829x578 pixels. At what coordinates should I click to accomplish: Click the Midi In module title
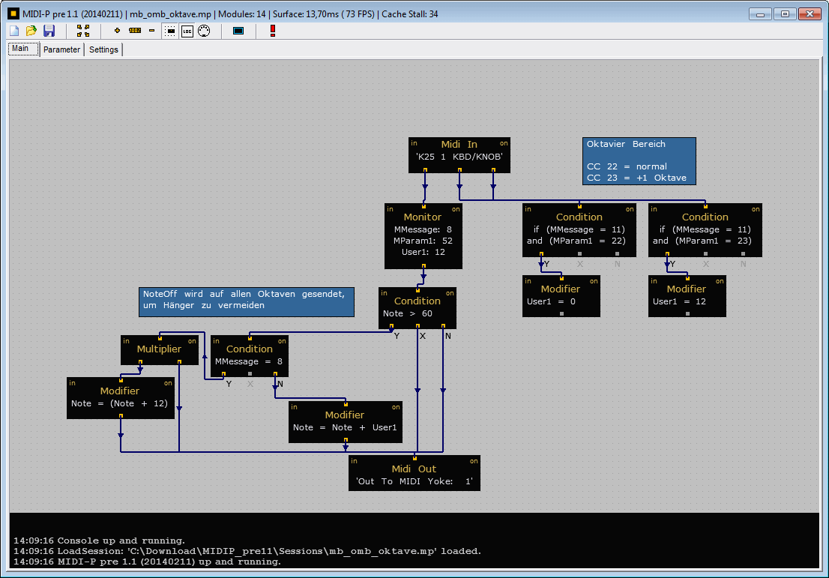pos(459,145)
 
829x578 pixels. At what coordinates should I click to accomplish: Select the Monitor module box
pos(423,236)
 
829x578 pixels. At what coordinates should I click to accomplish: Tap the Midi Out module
pos(414,473)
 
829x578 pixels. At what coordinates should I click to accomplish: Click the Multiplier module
pos(160,350)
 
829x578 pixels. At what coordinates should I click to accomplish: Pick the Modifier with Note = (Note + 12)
pos(121,398)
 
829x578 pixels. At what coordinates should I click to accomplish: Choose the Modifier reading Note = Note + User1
pos(346,422)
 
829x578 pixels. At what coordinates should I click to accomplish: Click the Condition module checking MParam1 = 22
pos(579,230)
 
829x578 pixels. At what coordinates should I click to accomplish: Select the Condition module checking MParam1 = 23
pos(705,230)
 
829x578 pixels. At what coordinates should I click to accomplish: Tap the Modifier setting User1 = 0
pos(561,296)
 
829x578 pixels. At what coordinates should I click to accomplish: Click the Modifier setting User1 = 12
pos(687,296)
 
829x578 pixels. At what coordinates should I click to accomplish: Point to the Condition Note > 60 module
pos(417,308)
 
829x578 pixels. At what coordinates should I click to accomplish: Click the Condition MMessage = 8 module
pos(250,356)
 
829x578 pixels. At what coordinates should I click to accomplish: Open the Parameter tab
pos(62,49)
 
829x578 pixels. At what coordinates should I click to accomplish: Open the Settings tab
pos(103,49)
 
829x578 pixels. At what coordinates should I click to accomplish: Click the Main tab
pos(21,49)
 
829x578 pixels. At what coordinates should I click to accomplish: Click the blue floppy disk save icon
pos(49,31)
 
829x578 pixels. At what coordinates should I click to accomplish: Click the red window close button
pos(810,14)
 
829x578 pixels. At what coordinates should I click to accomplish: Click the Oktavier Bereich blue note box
pos(639,161)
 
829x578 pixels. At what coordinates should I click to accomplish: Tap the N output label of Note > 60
pos(447,337)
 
